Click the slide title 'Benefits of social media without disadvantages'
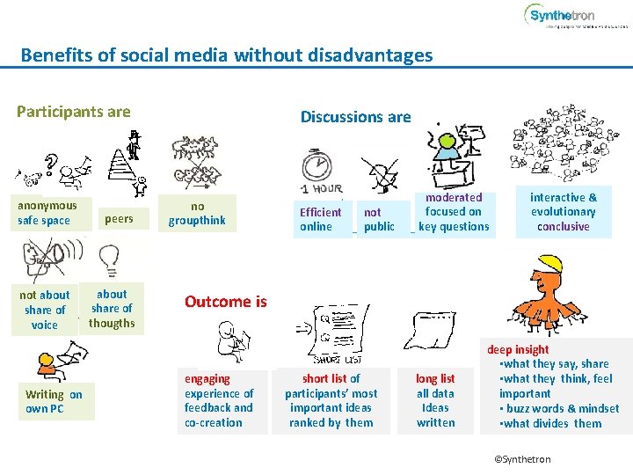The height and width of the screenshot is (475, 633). coord(227,55)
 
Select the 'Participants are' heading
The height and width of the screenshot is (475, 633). coord(74,112)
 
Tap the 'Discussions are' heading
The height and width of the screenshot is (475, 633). coord(355,117)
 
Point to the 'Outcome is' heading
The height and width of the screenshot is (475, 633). coord(225,302)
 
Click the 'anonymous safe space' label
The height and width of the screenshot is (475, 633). coord(47,213)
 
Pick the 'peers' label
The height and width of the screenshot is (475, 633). coord(119,218)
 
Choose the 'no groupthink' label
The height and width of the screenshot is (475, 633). coord(197,214)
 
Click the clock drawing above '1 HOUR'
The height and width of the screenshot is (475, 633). coord(316,167)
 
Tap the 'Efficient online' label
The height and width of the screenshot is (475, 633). coord(320,219)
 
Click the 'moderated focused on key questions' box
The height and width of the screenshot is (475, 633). coord(454,212)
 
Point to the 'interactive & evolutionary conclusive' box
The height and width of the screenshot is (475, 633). coord(564,212)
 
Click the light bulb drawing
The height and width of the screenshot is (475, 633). coord(110,259)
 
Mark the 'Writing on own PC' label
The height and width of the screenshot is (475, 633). coord(54,401)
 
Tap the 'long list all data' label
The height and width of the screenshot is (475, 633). coord(435,400)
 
